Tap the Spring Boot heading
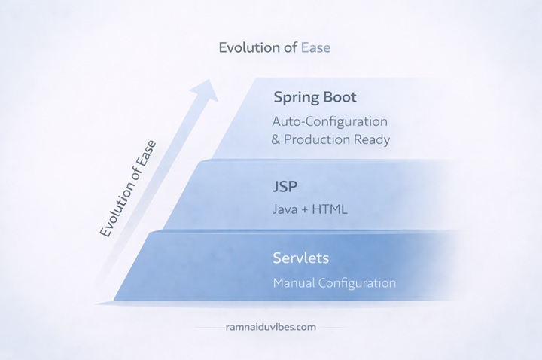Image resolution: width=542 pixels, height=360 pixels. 315,97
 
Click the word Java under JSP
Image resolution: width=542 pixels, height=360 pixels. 287,209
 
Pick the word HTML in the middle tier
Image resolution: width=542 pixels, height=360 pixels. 331,209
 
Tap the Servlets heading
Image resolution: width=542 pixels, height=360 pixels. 301,258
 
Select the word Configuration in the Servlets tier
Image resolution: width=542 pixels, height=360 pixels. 359,283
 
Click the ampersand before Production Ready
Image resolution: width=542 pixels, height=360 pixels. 276,139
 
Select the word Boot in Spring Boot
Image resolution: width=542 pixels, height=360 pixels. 340,97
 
